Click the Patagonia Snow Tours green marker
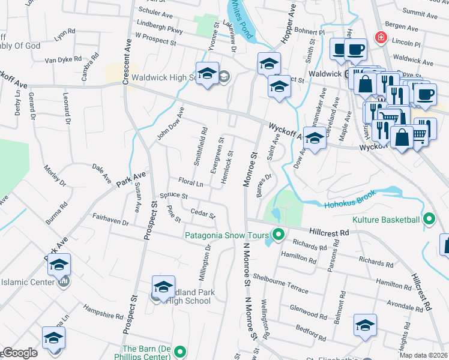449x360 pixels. (x=277, y=235)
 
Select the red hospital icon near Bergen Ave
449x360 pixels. (x=379, y=38)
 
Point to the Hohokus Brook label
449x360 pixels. (x=350, y=200)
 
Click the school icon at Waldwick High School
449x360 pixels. (x=207, y=74)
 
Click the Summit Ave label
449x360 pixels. (x=422, y=11)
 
